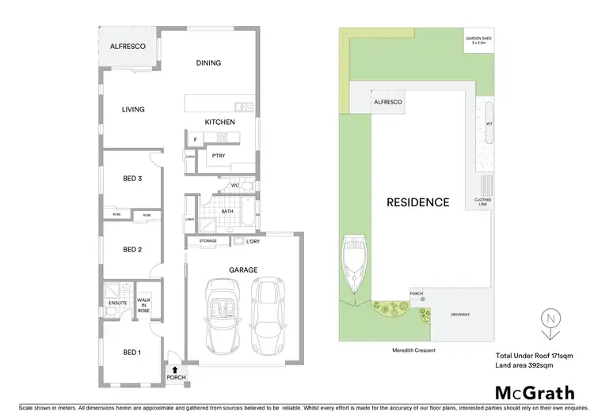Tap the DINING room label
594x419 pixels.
click(x=208, y=63)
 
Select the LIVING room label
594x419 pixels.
click(x=133, y=109)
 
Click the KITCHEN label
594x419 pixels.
click(x=220, y=123)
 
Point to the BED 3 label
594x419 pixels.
click(x=132, y=179)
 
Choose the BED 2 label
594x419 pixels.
click(x=132, y=250)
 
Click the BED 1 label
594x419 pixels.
click(x=132, y=352)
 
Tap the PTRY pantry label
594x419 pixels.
click(x=219, y=157)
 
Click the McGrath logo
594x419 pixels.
click(x=535, y=393)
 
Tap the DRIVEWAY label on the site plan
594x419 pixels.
click(x=461, y=314)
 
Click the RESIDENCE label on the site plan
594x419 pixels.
click(x=417, y=202)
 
